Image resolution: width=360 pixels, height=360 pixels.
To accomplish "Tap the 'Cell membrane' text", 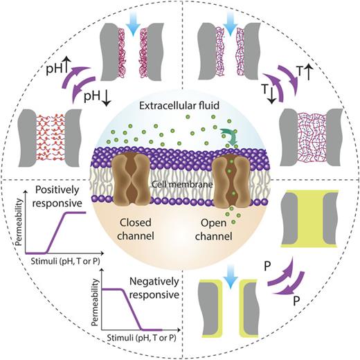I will pyautogui.click(x=181, y=177).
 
